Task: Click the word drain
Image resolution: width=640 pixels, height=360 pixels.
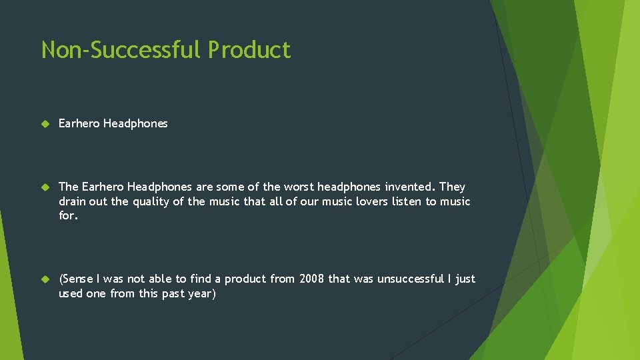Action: click(73, 201)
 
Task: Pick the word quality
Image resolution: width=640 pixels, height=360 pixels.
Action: click(150, 201)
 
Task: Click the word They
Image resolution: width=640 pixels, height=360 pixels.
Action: click(453, 187)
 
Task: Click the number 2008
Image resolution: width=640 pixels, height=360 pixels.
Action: click(311, 279)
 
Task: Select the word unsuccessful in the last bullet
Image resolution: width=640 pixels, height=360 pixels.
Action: click(410, 279)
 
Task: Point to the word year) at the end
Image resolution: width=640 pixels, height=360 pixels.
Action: click(201, 293)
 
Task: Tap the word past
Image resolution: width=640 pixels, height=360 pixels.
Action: click(172, 293)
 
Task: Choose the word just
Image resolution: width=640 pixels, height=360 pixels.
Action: click(465, 279)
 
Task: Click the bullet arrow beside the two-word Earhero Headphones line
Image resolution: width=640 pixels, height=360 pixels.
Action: click(45, 124)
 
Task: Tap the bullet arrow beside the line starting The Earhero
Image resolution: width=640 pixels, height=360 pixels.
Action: click(45, 187)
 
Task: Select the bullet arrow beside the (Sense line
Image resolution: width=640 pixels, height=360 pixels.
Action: click(45, 279)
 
